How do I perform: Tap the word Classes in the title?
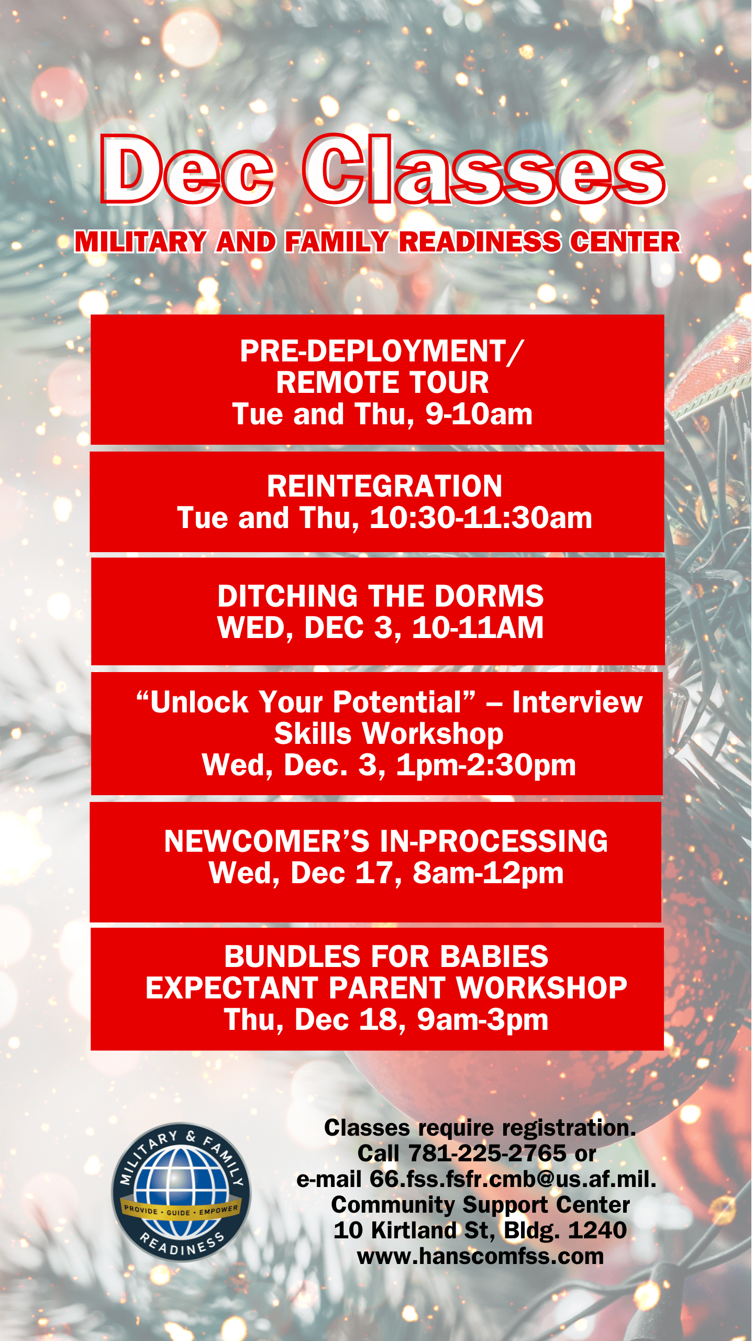click(x=485, y=169)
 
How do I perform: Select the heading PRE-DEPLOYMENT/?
click(x=382, y=351)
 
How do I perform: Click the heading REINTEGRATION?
click(x=385, y=486)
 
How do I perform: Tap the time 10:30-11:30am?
click(x=481, y=518)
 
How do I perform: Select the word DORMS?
click(x=489, y=596)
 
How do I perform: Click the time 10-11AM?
click(x=478, y=628)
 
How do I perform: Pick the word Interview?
click(x=578, y=702)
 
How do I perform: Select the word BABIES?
click(x=494, y=957)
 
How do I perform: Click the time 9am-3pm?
click(x=483, y=1020)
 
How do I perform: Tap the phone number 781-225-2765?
click(x=487, y=1153)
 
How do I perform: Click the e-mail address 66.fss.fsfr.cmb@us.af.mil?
click(x=513, y=1179)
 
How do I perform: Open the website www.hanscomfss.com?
click(x=480, y=1256)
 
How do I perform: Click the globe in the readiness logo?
click(x=181, y=1192)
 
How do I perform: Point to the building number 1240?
click(x=597, y=1230)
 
